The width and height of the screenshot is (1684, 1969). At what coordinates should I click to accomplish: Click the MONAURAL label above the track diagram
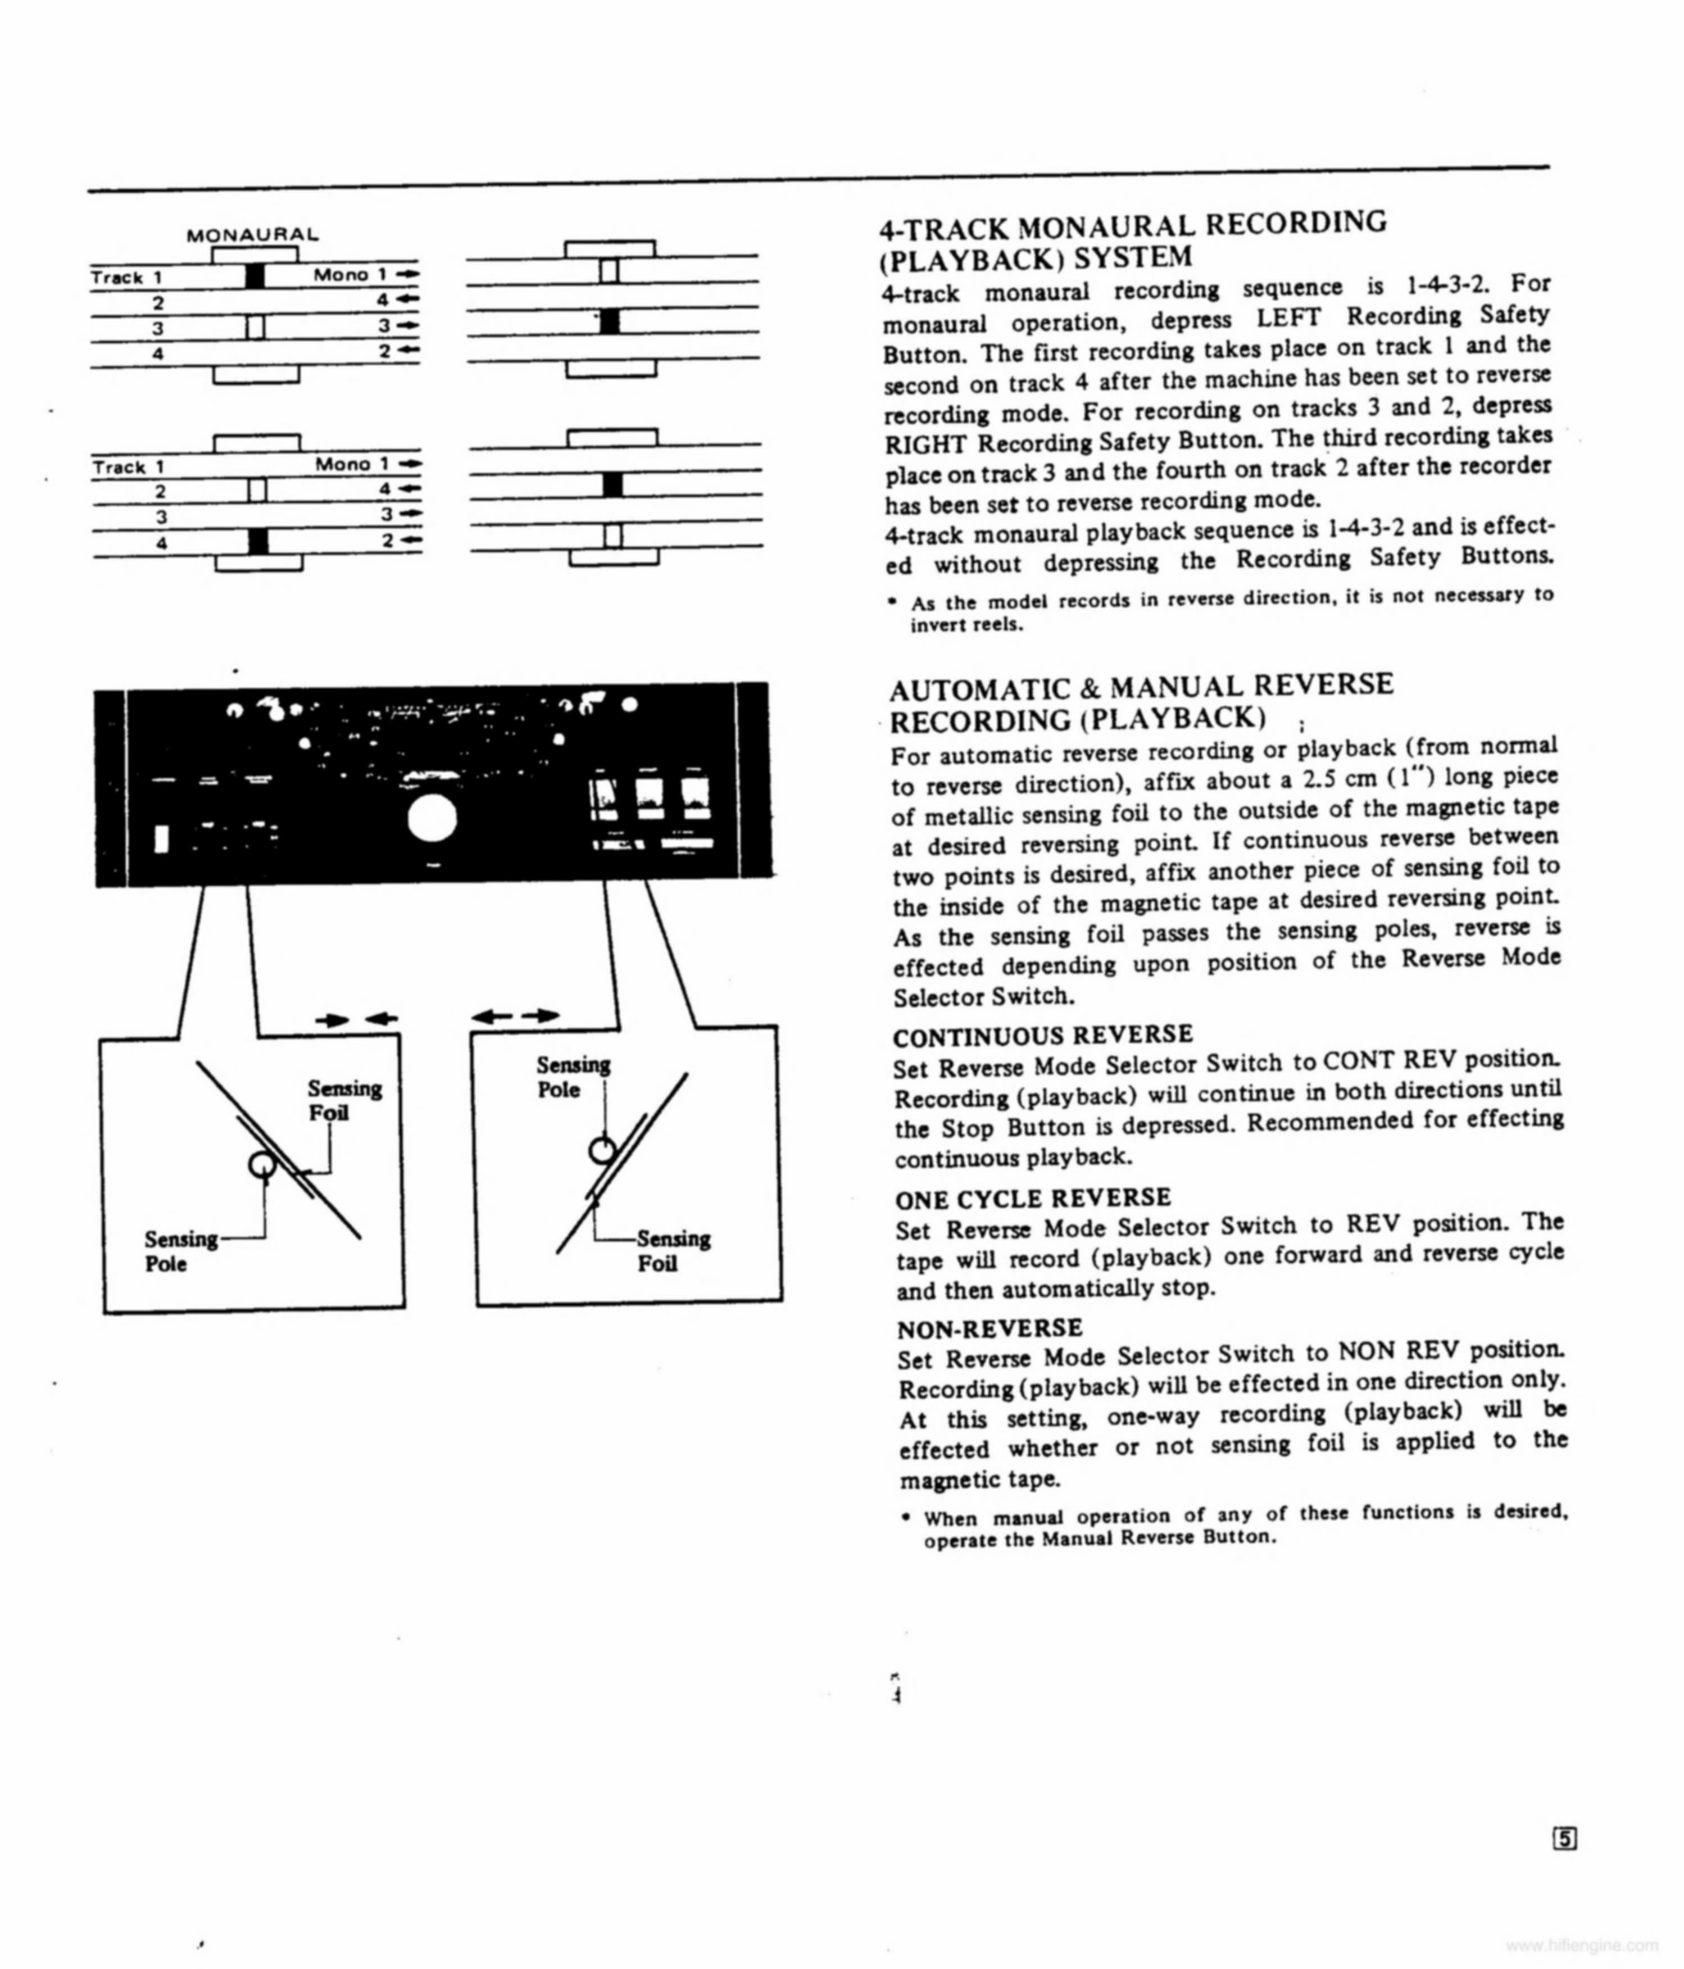pos(252,234)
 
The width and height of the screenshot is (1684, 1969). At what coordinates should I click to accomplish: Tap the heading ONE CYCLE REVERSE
pos(1033,1197)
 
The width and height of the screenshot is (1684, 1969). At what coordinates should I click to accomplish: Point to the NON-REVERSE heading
pos(989,1327)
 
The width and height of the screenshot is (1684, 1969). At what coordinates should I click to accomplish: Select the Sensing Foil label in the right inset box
pos(672,1251)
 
